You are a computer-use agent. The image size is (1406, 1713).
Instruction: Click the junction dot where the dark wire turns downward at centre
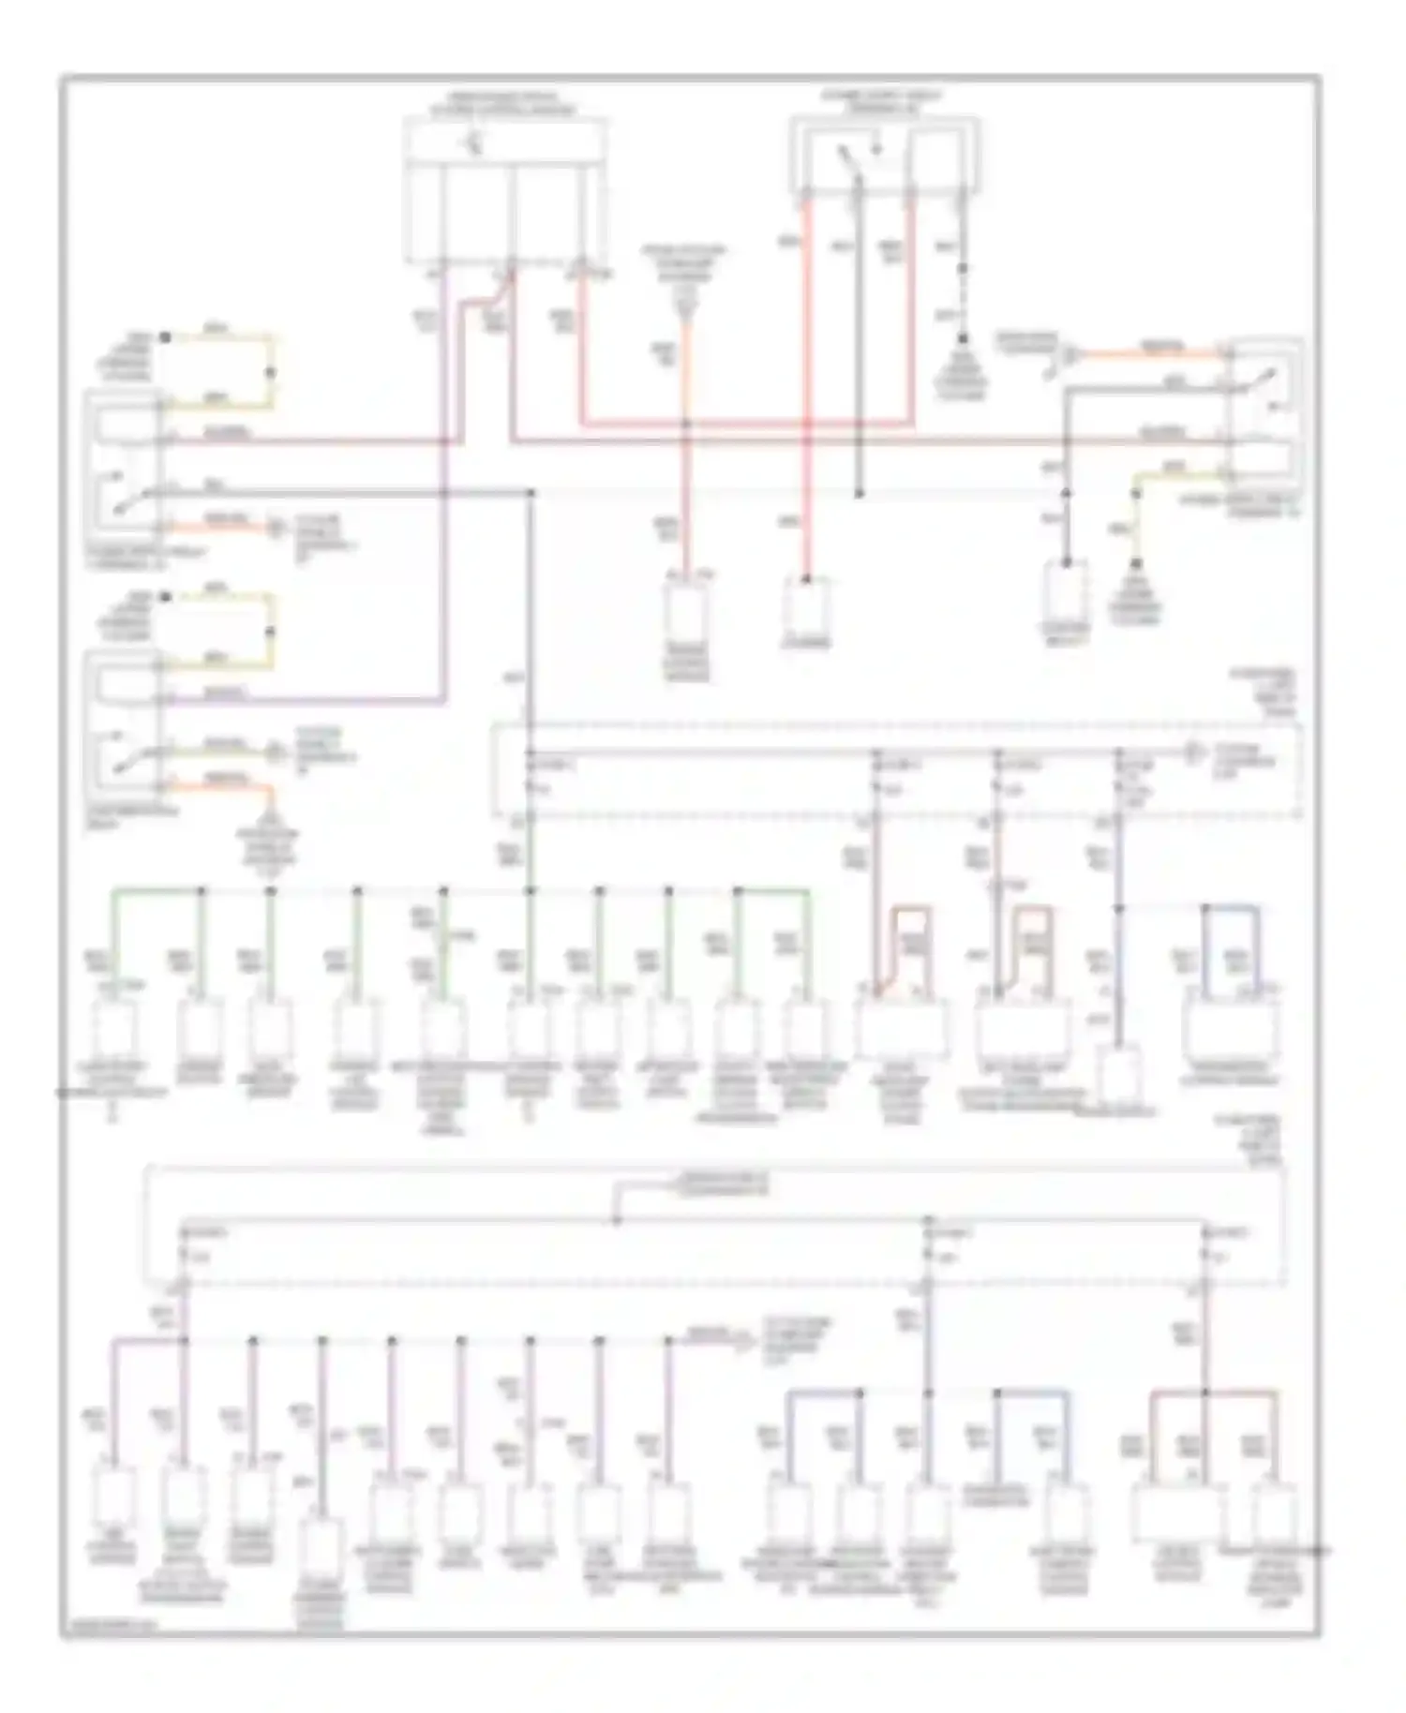(531, 493)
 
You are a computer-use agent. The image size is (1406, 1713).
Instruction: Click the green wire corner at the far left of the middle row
(115, 890)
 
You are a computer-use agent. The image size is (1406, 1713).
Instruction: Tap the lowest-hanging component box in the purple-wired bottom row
(322, 1546)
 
